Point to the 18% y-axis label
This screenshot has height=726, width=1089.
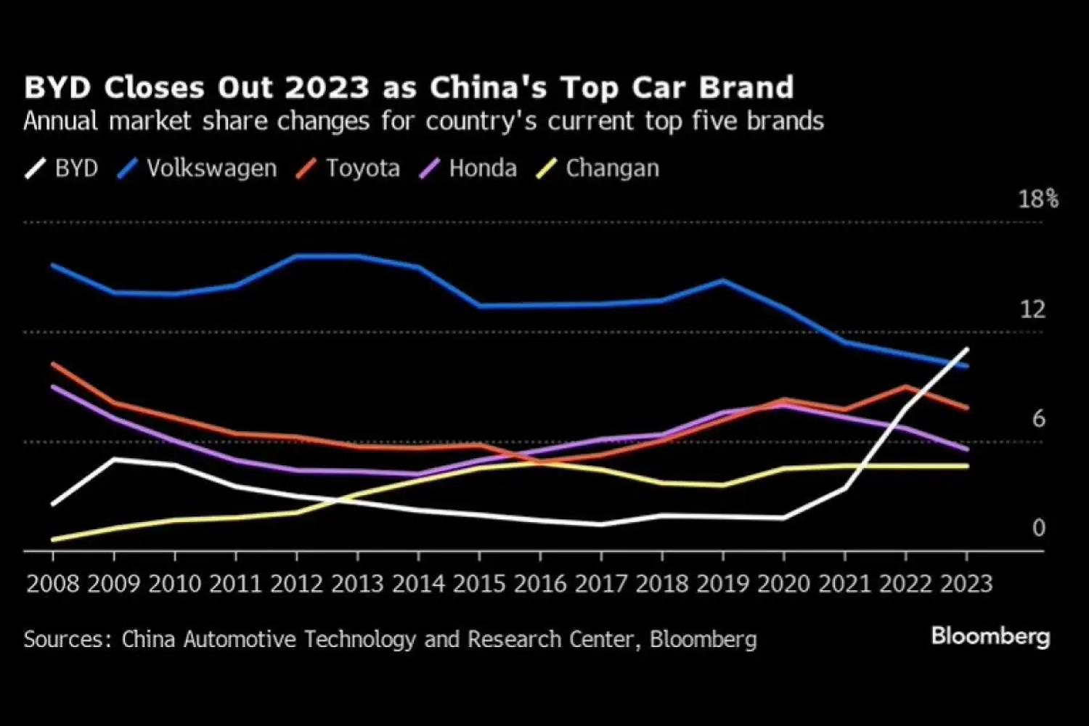(x=1037, y=199)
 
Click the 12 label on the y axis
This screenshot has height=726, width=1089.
(x=1032, y=309)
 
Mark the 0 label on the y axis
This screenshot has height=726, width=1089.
(x=1039, y=528)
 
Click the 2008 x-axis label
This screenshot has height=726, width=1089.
(x=52, y=584)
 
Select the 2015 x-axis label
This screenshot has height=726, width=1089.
(x=479, y=584)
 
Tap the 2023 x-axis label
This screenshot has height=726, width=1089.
(x=966, y=584)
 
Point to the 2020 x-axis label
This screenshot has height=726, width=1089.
(x=783, y=584)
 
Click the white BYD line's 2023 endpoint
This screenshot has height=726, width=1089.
(x=967, y=349)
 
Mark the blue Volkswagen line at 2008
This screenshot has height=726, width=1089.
(x=53, y=265)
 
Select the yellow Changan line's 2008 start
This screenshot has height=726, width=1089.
(x=53, y=539)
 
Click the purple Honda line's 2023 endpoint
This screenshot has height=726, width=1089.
(x=967, y=449)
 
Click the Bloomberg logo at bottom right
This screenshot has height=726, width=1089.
(x=990, y=636)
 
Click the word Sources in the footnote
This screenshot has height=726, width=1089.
(x=67, y=640)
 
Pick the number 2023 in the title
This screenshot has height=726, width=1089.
(x=327, y=88)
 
